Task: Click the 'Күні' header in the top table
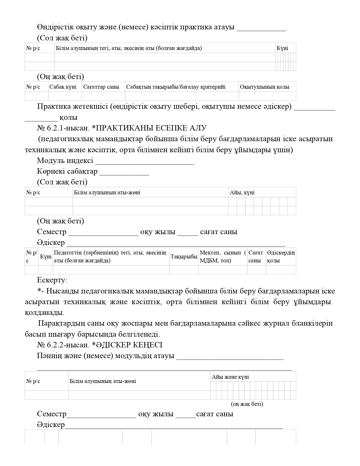tap(282, 48)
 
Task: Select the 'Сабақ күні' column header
tap(63, 87)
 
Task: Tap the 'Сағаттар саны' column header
tap(101, 87)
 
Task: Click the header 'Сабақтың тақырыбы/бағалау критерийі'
tap(176, 87)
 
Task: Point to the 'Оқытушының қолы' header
tap(265, 87)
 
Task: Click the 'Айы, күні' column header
tap(242, 193)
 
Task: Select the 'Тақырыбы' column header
tap(184, 257)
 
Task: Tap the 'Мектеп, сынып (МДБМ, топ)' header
tap(223, 257)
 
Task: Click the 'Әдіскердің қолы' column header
tap(281, 257)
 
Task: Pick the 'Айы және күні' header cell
tap(230, 377)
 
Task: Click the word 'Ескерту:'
tap(52, 280)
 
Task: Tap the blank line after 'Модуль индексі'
tap(145, 162)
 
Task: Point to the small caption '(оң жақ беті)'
tap(247, 404)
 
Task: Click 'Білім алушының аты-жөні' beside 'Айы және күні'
tap(103, 381)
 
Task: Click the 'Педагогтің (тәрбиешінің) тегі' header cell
tap(110, 257)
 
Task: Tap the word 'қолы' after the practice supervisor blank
tap(68, 117)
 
